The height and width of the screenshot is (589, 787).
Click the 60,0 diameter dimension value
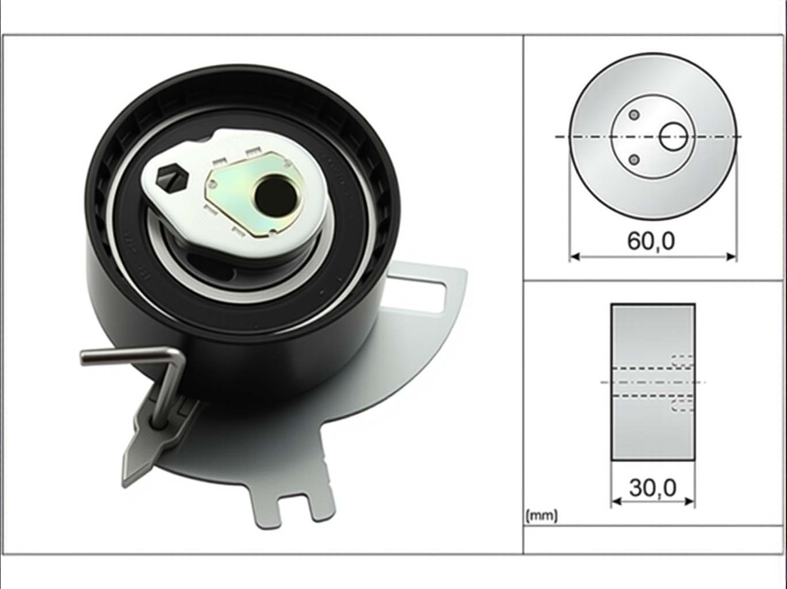651,241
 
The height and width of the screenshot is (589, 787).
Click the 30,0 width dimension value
652,488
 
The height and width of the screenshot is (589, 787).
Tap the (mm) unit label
542,516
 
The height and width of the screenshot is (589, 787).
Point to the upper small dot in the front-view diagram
635,115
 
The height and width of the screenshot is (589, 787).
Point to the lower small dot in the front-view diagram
635,159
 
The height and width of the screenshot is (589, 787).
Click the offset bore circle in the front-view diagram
673,136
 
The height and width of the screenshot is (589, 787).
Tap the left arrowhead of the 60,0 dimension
575,257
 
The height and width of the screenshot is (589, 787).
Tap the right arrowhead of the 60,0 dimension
731,257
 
